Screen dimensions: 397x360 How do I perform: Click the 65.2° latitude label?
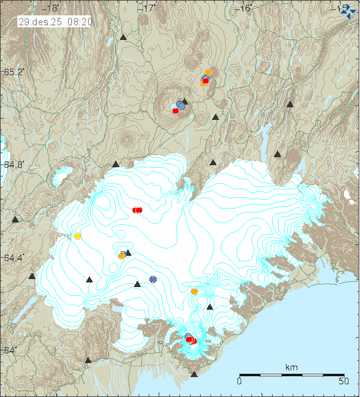coord(14,71)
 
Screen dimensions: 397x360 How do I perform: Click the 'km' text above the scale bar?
coord(291,367)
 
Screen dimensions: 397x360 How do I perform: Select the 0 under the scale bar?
coord(239,382)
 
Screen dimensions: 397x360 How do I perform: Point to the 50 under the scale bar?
coord(343,382)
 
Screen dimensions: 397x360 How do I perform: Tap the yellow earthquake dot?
coord(77,236)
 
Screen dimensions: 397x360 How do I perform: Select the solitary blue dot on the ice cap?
coord(153,279)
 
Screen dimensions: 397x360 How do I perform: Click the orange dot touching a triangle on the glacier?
coord(122,256)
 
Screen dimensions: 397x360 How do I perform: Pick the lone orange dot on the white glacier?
coord(194,291)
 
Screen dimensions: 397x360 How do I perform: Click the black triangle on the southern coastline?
coord(194,374)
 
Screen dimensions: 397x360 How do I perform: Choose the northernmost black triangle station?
coord(123,38)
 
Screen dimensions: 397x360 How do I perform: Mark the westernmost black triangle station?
coord(15,219)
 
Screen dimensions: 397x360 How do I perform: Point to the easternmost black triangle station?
coord(290,105)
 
